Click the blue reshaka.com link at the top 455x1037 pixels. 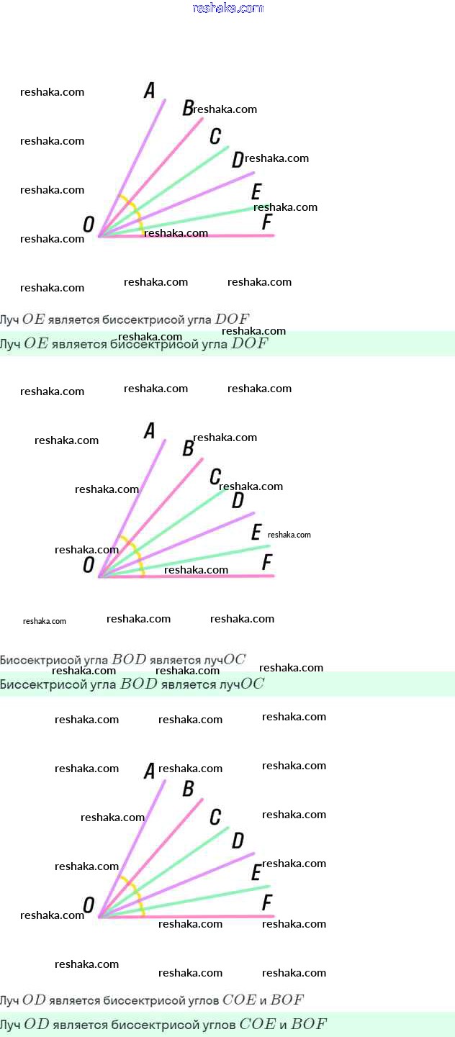pos(228,8)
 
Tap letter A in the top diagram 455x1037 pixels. pos(150,90)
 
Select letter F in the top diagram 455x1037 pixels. pos(267,222)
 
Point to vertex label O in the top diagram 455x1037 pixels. pos(89,225)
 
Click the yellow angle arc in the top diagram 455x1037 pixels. pos(135,209)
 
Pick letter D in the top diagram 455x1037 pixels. pos(238,160)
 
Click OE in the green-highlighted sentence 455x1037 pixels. pos(35,344)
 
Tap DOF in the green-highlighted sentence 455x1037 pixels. pos(248,344)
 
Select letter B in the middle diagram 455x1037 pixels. pos(188,448)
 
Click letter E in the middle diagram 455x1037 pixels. pos(256,532)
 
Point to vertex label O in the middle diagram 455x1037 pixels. pos(89,565)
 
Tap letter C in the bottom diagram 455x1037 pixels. pos(215,817)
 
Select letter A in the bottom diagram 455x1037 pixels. pos(150,771)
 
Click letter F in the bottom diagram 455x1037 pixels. pos(267,902)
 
